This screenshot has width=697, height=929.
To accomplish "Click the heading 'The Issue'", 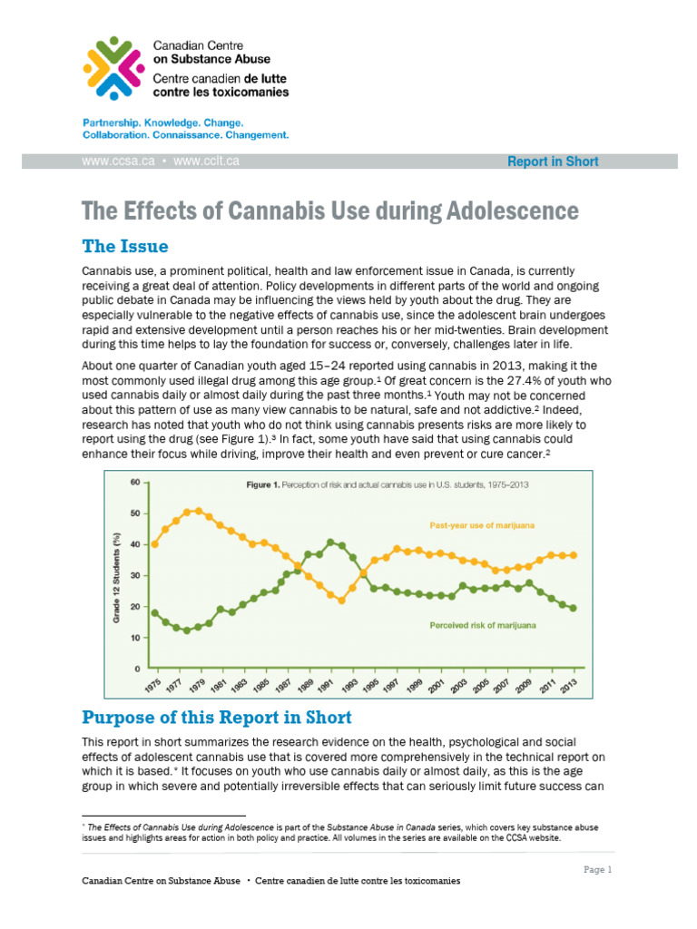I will [124, 246].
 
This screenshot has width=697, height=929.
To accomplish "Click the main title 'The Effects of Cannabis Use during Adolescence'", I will [329, 211].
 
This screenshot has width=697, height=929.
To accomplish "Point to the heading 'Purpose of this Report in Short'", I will [216, 718].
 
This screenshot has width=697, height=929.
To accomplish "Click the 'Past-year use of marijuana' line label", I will [481, 525].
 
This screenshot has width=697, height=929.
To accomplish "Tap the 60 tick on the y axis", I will [134, 482].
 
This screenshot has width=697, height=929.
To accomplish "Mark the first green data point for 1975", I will [154, 613].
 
